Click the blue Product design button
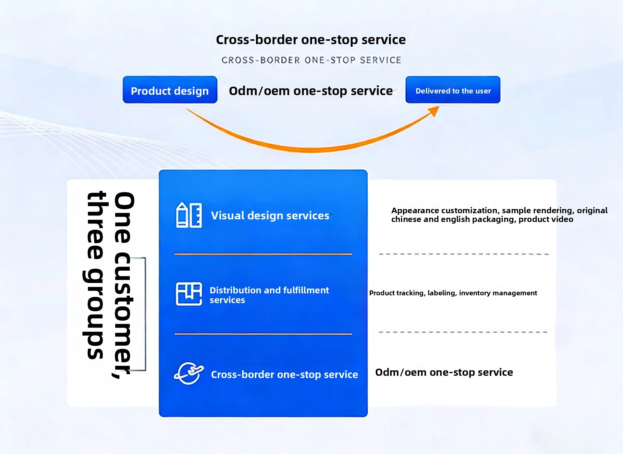pyautogui.click(x=170, y=90)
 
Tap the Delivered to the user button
pyautogui.click(x=453, y=90)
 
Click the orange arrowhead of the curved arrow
pyautogui.click(x=434, y=111)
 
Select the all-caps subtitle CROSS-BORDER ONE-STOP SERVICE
pyautogui.click(x=311, y=60)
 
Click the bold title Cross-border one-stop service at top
pyautogui.click(x=311, y=40)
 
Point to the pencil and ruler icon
pyautogui.click(x=189, y=215)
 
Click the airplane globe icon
pyautogui.click(x=189, y=374)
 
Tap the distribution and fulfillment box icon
pyautogui.click(x=189, y=294)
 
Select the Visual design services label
pyautogui.click(x=270, y=215)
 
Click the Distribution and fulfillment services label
pyautogui.click(x=269, y=295)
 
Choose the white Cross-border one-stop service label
pyautogui.click(x=285, y=374)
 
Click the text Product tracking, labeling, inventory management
pyautogui.click(x=453, y=293)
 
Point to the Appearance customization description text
pyautogui.click(x=499, y=215)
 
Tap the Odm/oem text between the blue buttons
pyautogui.click(x=311, y=91)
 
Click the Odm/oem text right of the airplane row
pyautogui.click(x=444, y=372)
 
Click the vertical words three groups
pyautogui.click(x=94, y=275)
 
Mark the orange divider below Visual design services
pyautogui.click(x=263, y=254)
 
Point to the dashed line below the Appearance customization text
pyautogui.click(x=464, y=254)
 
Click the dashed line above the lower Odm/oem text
pyautogui.click(x=463, y=332)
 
